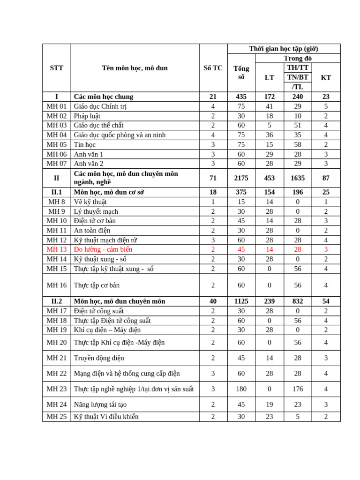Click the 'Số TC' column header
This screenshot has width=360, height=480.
point(213,68)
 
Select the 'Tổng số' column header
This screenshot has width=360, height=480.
point(241,73)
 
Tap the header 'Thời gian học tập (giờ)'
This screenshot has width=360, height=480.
point(284,49)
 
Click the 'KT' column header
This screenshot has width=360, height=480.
point(326,78)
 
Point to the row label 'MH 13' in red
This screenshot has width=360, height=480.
point(57,249)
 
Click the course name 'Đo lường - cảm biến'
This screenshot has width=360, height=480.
point(103,249)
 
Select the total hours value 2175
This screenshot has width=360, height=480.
point(241,178)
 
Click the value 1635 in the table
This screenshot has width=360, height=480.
point(298,178)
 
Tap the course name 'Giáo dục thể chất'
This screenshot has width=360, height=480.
point(98,125)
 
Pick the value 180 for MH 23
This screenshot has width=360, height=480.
point(241,389)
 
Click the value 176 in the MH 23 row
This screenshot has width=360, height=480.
point(298,389)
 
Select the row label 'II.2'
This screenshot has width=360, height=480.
point(57,301)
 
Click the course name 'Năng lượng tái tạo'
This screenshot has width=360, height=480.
point(100,405)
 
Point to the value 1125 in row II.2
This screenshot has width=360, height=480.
point(241,301)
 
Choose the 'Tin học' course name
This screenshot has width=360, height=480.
point(85,144)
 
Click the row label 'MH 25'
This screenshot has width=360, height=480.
point(57,417)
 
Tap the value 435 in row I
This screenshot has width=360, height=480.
point(241,97)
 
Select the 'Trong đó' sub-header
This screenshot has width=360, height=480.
point(298,58)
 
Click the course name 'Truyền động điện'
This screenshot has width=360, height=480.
point(99,358)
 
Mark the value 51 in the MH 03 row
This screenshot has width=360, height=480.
point(298,125)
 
